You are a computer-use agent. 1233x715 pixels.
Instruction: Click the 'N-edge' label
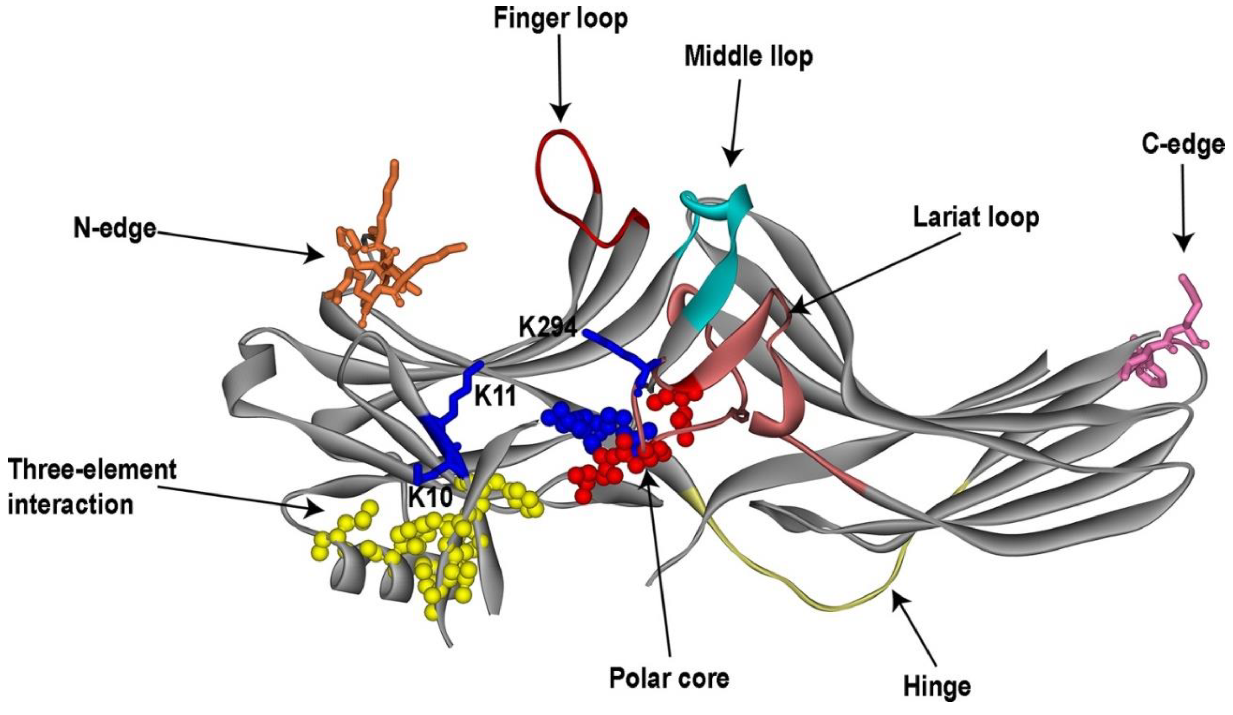point(115,228)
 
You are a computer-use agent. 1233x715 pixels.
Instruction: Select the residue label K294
point(548,327)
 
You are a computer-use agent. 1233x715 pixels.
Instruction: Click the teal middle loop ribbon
point(710,289)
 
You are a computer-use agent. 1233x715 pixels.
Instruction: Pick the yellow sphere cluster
point(440,538)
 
